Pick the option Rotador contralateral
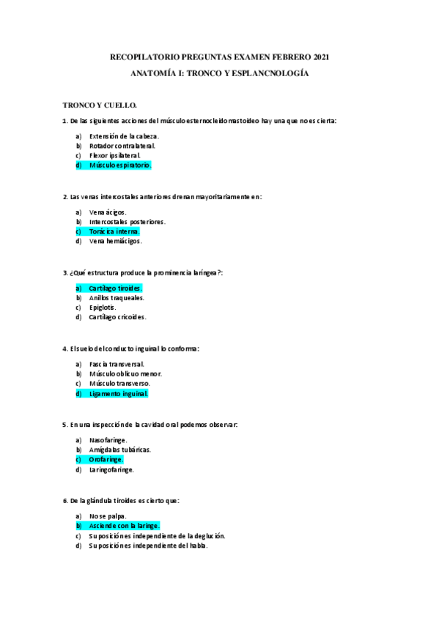[x=122, y=146]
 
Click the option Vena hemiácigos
[x=115, y=241]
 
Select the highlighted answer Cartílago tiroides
[x=115, y=288]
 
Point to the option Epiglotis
[x=103, y=308]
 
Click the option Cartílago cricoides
[x=117, y=317]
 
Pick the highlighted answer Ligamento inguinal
[x=118, y=393]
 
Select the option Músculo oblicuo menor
[x=125, y=373]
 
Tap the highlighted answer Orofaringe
[x=106, y=459]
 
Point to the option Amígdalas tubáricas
[x=119, y=450]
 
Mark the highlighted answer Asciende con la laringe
[x=124, y=526]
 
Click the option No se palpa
[x=108, y=516]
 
